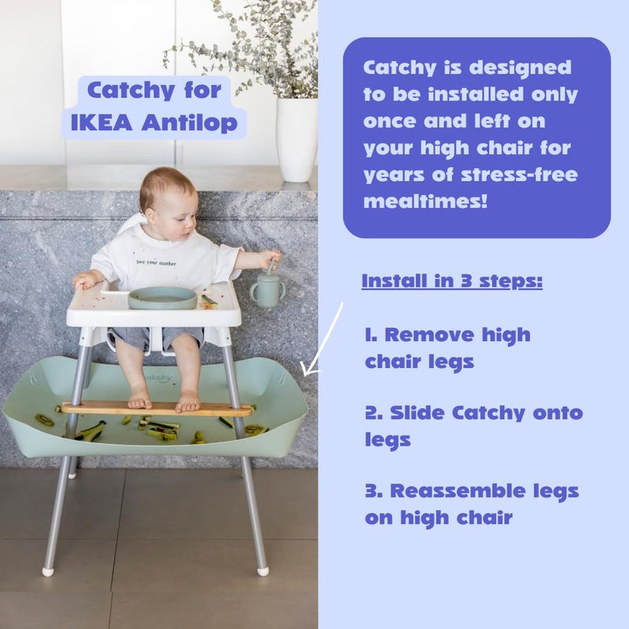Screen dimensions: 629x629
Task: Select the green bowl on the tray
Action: [162, 297]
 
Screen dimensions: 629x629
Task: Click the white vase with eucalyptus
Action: [296, 138]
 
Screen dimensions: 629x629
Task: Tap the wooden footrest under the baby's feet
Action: [156, 409]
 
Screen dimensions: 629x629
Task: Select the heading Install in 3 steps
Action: [451, 281]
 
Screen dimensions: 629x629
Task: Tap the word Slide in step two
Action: [413, 413]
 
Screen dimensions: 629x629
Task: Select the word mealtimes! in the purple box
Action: [425, 201]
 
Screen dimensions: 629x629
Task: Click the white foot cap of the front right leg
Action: [263, 570]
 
